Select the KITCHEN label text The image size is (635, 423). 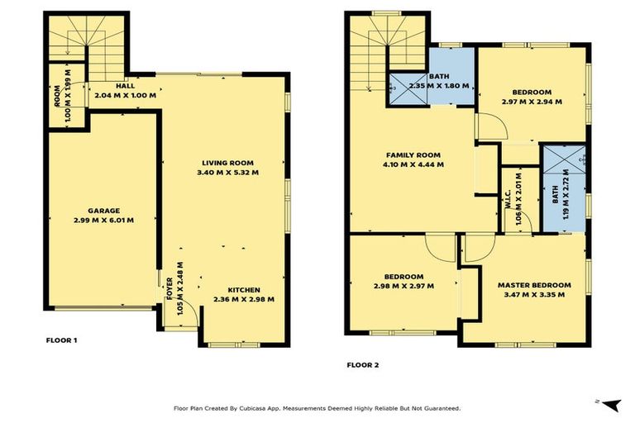(x=243, y=288)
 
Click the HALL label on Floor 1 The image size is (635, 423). (x=125, y=85)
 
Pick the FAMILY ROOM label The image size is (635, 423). (x=413, y=154)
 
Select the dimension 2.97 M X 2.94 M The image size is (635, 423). (x=532, y=102)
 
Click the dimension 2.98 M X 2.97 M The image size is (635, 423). (x=403, y=286)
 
